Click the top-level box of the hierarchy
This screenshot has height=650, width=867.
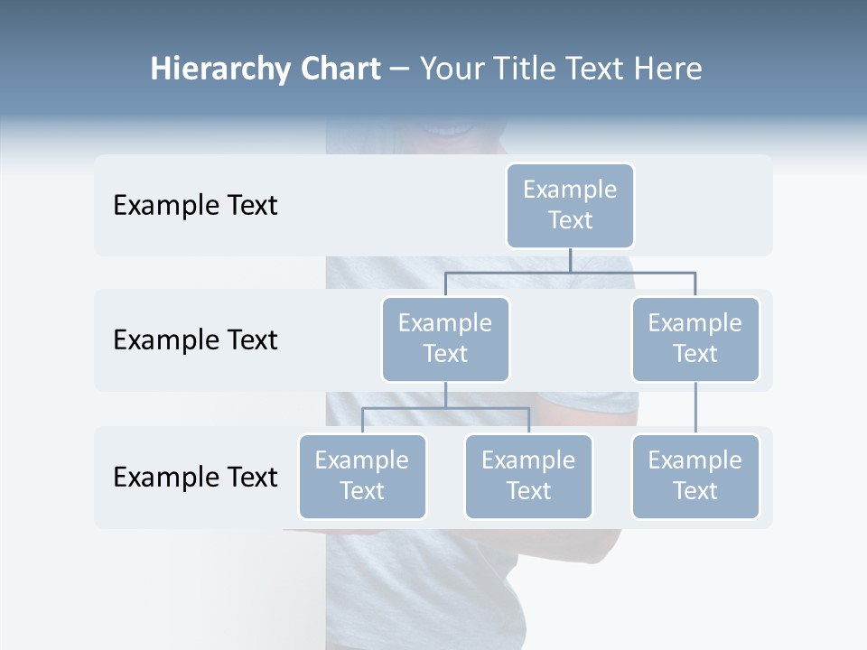[570, 205]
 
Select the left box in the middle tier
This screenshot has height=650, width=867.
[445, 339]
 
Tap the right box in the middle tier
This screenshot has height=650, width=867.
[695, 339]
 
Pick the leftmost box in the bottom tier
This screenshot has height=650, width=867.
[362, 476]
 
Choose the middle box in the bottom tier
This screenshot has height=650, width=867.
[528, 476]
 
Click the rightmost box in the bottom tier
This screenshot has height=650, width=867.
[695, 476]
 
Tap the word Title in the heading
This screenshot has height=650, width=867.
[529, 69]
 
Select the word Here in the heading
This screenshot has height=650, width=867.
[668, 69]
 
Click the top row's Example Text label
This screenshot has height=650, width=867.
[195, 205]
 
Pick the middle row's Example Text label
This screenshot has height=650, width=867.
[195, 339]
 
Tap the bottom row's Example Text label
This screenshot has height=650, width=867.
[195, 477]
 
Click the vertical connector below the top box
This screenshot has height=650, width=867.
[570, 260]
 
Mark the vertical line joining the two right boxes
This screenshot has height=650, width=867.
[695, 408]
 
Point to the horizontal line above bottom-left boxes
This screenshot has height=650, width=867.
[445, 408]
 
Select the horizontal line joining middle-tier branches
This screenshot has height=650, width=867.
[570, 272]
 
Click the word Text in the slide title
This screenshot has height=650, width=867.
[600, 69]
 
